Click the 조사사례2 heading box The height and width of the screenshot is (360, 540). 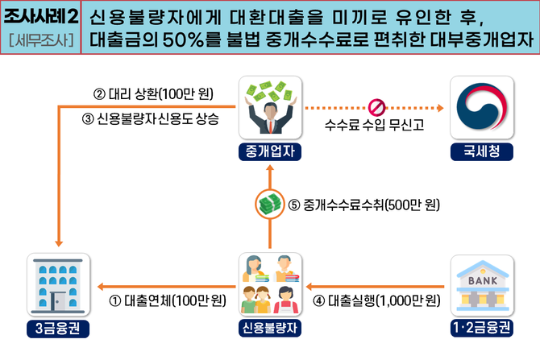tap(41, 18)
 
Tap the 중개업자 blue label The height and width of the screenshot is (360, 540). tap(270, 151)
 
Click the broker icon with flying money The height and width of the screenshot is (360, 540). tap(270, 108)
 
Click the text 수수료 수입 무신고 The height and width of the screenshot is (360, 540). tap(374, 126)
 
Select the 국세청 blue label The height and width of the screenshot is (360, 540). tap(481, 151)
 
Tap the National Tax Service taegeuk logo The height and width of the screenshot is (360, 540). tap(481, 108)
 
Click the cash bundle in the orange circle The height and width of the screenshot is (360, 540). tap(270, 205)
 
